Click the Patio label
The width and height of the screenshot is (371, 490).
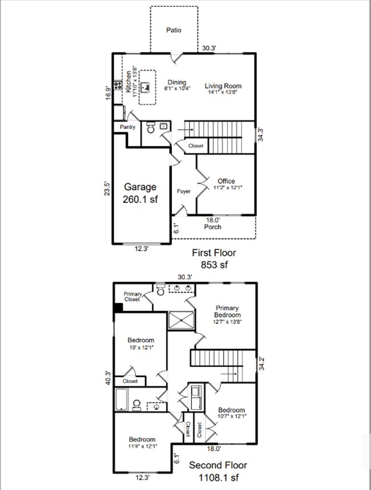click(174, 30)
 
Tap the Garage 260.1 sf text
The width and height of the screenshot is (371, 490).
click(140, 194)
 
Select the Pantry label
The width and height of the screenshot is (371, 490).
click(128, 127)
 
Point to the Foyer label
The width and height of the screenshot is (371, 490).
click(183, 191)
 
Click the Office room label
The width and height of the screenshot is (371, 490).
click(227, 182)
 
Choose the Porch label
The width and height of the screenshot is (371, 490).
click(213, 227)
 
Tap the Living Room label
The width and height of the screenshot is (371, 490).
click(223, 86)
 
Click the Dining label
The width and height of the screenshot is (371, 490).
click(177, 83)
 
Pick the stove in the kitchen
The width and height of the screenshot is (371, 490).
click(118, 87)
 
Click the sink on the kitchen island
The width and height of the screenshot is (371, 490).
click(146, 87)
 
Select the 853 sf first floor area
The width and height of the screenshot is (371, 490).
click(215, 264)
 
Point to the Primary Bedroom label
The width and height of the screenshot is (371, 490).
click(227, 311)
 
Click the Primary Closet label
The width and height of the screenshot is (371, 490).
click(133, 296)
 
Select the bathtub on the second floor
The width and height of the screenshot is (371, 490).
click(122, 400)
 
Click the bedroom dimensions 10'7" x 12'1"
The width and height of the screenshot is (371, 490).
click(231, 416)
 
